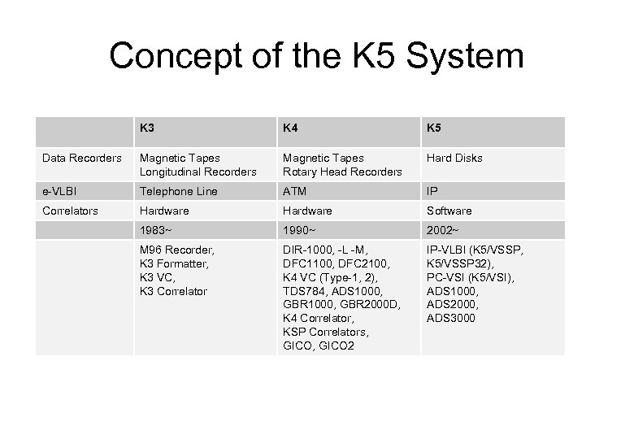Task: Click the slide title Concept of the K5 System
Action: click(317, 57)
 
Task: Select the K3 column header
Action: click(147, 128)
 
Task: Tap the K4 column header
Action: click(291, 128)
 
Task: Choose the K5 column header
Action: click(435, 128)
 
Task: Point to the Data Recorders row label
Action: click(80, 158)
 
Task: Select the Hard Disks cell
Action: click(454, 158)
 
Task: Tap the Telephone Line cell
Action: click(178, 191)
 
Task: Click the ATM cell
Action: click(293, 191)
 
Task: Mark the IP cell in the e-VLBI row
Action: click(432, 191)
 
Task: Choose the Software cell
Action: click(449, 211)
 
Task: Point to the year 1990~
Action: click(299, 230)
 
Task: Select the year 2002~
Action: click(443, 230)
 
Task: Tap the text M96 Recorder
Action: click(176, 250)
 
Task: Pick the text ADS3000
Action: click(451, 318)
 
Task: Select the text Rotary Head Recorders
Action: click(341, 172)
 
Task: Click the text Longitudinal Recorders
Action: click(198, 172)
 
